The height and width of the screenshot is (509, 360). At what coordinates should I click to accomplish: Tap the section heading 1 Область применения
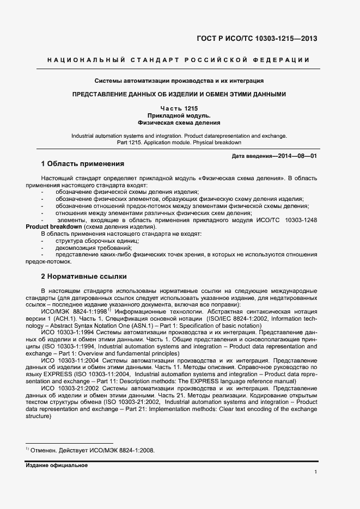pos(83,164)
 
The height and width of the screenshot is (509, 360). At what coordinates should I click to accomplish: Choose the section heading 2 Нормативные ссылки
pos(84,276)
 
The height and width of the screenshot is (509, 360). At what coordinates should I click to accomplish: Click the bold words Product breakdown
pos(54,226)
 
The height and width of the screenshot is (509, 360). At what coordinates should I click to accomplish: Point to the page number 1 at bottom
pos(316,472)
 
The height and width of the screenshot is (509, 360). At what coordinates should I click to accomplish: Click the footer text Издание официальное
pos(57,465)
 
